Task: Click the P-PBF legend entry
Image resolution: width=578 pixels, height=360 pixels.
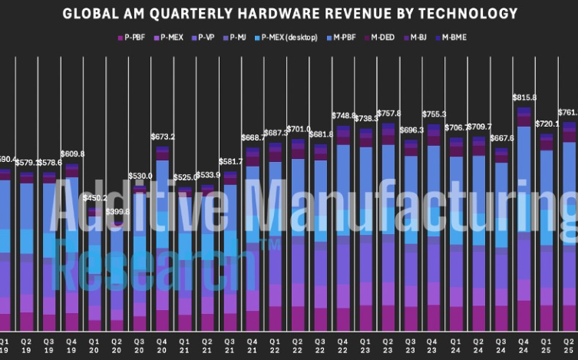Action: click(134, 37)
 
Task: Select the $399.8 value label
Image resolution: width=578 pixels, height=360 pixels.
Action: click(117, 211)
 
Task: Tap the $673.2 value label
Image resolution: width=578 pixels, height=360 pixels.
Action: click(162, 137)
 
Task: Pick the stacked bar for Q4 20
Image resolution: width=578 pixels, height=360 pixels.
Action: click(162, 246)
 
